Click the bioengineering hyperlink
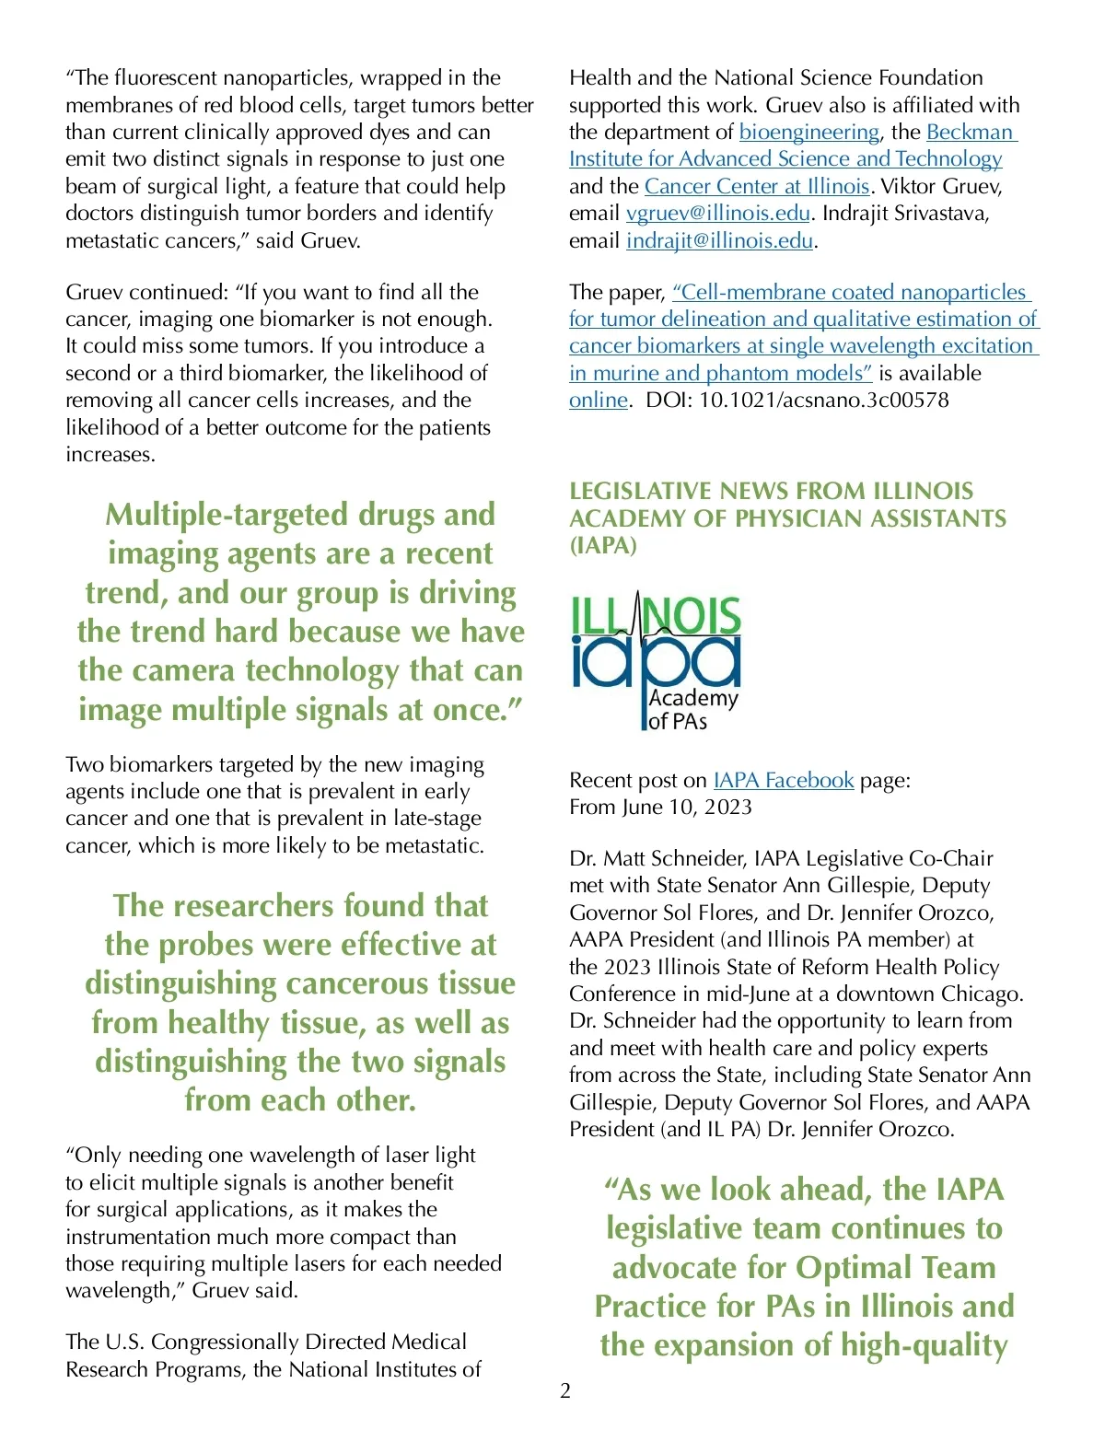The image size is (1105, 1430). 808,133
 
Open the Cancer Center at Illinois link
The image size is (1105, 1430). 757,187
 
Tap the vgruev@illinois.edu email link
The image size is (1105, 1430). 717,214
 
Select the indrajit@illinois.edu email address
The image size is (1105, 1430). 719,241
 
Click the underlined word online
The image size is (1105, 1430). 598,401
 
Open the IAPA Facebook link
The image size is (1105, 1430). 783,781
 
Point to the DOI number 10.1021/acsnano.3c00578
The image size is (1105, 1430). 823,401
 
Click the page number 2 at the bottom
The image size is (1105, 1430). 565,1390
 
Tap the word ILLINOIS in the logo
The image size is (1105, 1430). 656,616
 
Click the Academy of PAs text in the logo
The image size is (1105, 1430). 692,709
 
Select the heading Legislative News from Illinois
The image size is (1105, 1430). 771,492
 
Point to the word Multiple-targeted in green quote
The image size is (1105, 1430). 227,515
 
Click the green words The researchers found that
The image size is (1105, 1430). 300,906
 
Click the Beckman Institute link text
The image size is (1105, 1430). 970,133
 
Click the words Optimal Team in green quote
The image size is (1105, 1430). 895,1268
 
